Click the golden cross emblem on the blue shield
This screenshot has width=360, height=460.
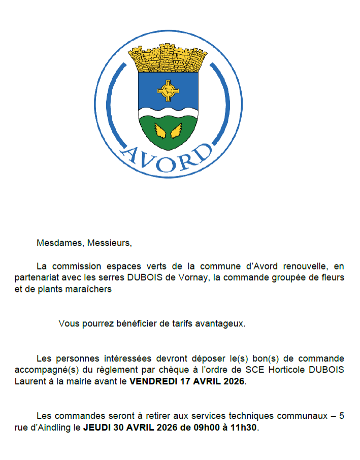click(x=168, y=91)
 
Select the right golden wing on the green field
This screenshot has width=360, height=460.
click(x=176, y=131)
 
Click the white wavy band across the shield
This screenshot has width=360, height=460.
click(x=168, y=111)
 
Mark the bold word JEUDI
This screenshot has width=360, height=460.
click(x=96, y=428)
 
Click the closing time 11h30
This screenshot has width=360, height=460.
click(x=245, y=428)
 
